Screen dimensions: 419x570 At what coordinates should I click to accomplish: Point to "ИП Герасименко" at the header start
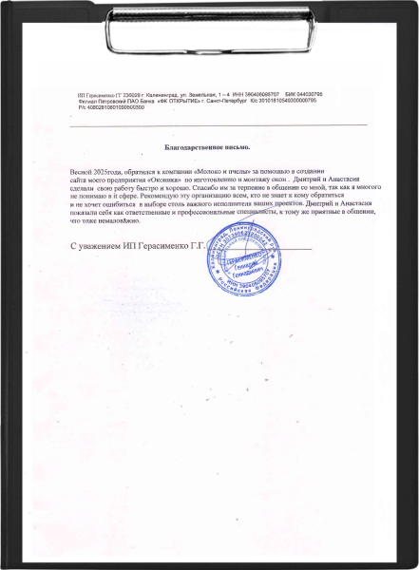pyautogui.click(x=98, y=96)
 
